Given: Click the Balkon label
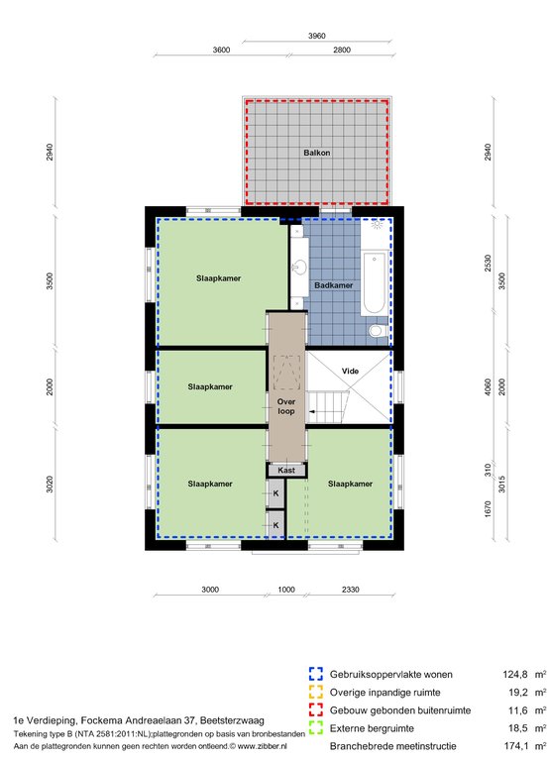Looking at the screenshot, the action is click(316, 153).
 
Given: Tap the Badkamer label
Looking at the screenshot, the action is click(334, 285).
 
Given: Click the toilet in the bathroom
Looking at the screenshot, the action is click(378, 331).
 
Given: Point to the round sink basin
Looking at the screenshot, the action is click(299, 267).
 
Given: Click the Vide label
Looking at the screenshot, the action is click(350, 372).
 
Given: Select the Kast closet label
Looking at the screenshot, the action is click(286, 471).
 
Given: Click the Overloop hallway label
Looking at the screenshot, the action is click(286, 406).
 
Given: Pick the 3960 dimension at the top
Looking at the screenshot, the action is click(316, 36).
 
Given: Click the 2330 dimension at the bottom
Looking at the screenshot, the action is click(350, 590).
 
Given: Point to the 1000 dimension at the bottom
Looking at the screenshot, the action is click(286, 590).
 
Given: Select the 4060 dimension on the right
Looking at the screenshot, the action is click(488, 386).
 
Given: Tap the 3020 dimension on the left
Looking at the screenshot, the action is click(50, 484).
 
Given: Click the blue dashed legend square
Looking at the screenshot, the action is click(316, 674).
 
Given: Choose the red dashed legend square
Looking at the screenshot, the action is click(316, 710).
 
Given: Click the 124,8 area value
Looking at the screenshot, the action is click(515, 675).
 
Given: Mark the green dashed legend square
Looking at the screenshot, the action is click(316, 728).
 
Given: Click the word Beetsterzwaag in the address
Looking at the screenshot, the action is click(233, 720).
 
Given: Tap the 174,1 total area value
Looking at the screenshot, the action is click(516, 746).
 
